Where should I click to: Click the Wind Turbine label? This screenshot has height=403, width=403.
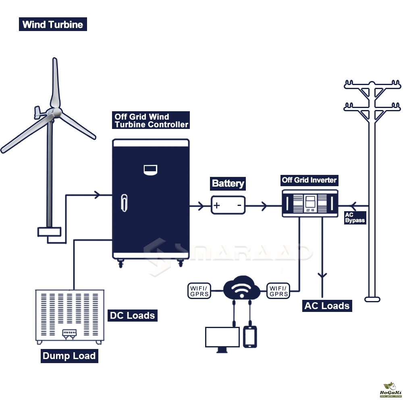click(53, 24)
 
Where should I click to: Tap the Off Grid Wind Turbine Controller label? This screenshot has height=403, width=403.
click(151, 120)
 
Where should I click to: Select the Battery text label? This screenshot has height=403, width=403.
click(228, 183)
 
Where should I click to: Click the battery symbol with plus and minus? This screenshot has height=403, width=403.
click(228, 205)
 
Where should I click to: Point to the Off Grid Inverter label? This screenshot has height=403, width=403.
click(309, 180)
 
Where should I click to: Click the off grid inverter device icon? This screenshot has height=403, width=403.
click(310, 204)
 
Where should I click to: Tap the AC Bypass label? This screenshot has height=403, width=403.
click(355, 218)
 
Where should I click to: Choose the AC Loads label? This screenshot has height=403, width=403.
click(327, 305)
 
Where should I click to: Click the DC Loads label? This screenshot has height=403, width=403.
click(132, 315)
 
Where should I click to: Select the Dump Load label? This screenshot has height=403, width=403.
click(69, 356)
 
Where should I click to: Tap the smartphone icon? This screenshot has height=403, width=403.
click(250, 337)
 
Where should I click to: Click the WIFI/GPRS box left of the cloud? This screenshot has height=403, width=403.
click(199, 291)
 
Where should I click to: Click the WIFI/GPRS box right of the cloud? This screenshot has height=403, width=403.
click(278, 291)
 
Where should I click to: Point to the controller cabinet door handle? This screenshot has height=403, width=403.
click(125, 203)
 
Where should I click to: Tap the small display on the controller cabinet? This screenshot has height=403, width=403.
click(151, 170)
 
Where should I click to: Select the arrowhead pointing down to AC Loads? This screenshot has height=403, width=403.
click(322, 276)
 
